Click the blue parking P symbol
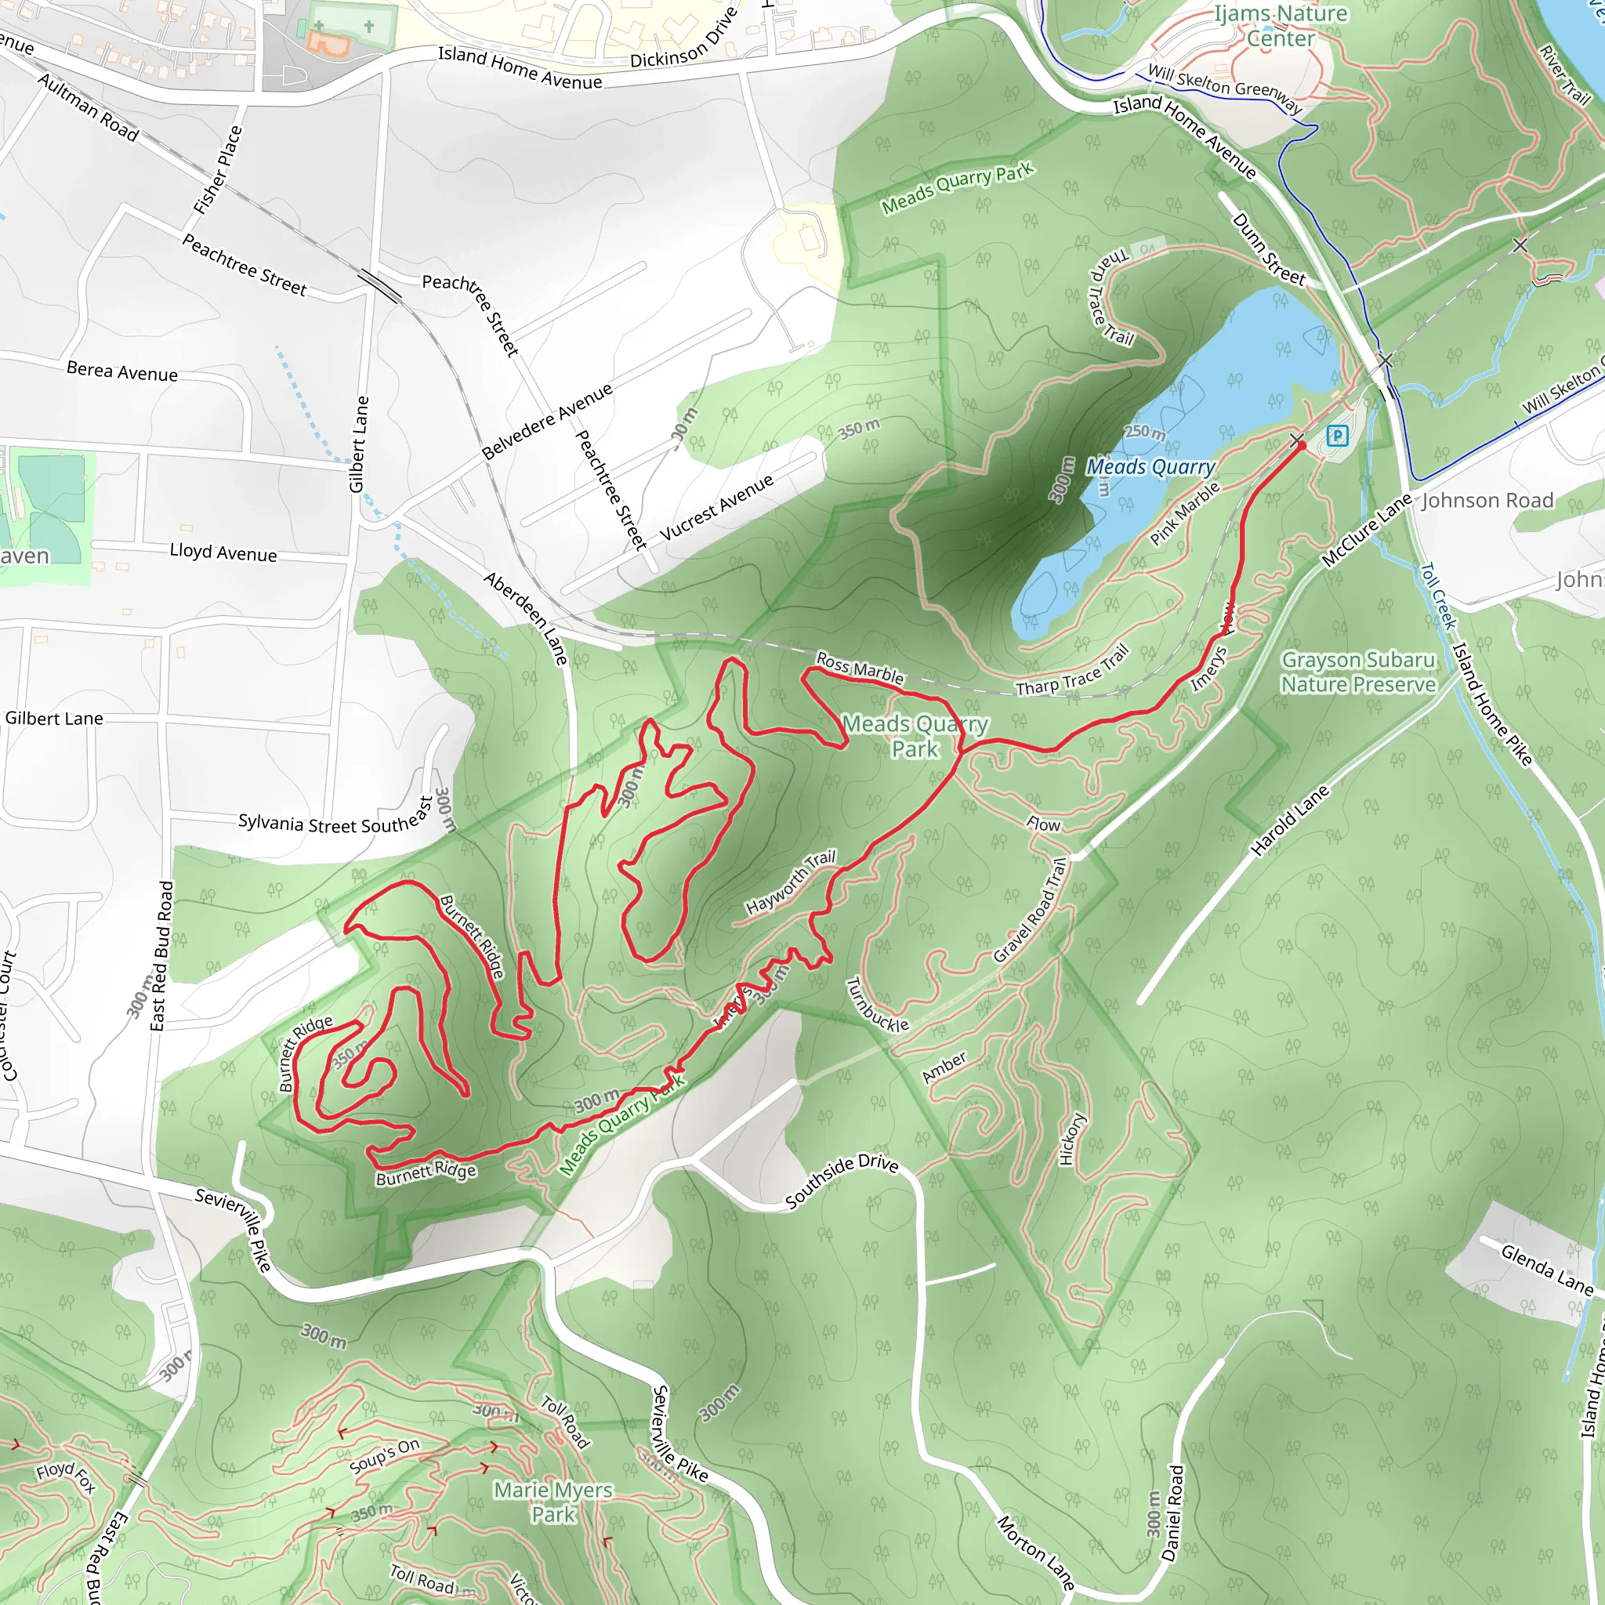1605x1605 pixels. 1337,435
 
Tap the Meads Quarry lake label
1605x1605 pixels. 1150,467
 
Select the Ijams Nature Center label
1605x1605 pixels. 1281,26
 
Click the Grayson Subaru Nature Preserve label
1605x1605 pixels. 1357,672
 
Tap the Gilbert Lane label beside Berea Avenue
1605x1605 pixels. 358,444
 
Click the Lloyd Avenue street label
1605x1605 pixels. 223,553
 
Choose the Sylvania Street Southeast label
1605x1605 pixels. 335,817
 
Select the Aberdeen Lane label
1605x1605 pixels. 526,618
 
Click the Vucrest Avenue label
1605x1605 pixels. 716,507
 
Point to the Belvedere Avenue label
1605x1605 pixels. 548,421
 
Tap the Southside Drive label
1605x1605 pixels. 841,1181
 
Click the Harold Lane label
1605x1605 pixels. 1289,821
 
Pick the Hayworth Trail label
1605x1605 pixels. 790,882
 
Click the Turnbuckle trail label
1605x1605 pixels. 876,1005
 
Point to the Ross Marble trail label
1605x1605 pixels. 860,667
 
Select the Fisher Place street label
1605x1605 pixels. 218,169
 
